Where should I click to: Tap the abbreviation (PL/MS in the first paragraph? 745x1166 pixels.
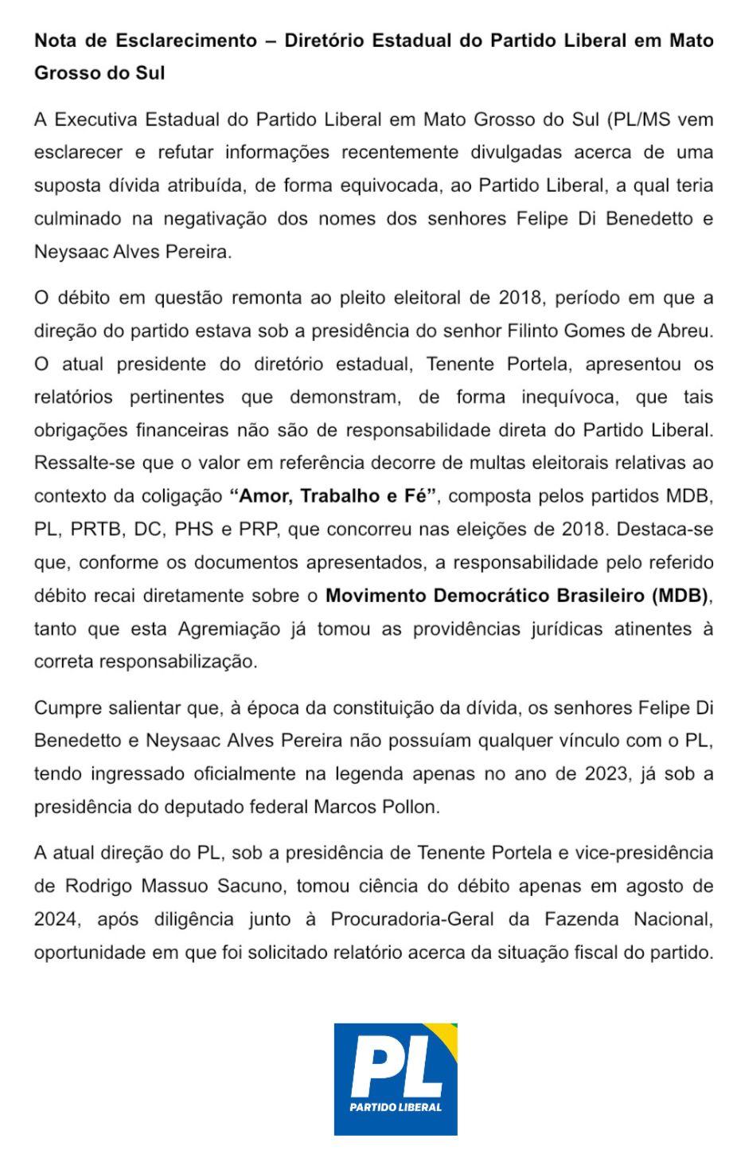(x=640, y=119)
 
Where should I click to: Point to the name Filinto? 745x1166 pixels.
(x=536, y=331)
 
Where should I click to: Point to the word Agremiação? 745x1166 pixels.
(x=229, y=628)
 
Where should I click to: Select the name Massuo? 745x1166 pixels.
(x=177, y=886)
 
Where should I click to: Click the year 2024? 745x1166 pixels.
(x=57, y=919)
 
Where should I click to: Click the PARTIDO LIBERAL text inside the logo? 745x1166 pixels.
(x=396, y=1107)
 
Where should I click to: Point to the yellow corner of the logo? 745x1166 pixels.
(x=447, y=1032)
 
